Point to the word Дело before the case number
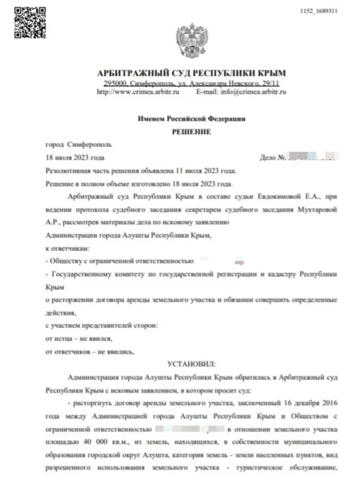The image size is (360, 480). click(x=267, y=158)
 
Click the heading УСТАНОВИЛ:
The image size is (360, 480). click(x=191, y=363)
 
